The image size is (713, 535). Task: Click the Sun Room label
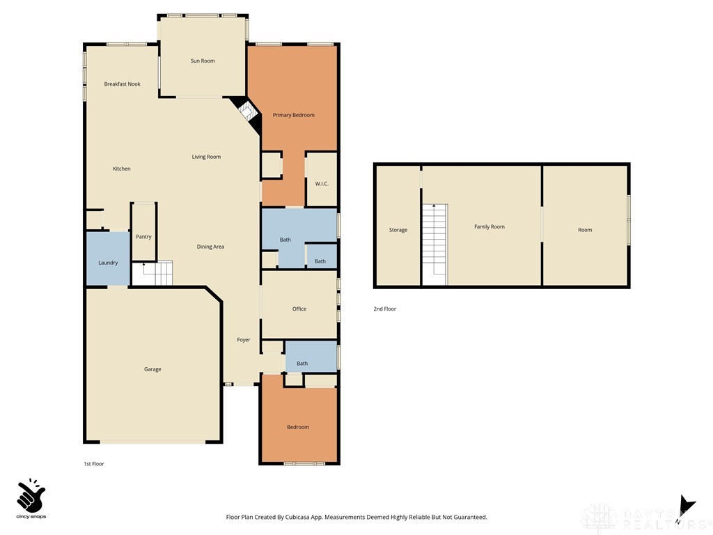point(203,61)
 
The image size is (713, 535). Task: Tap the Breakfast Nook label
point(122,84)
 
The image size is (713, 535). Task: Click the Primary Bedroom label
point(293,115)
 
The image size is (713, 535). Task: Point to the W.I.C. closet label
point(321,184)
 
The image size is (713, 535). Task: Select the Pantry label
point(143,237)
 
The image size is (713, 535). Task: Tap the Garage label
point(152,369)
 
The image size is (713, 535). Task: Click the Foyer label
point(243,340)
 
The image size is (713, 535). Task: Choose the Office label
point(299,309)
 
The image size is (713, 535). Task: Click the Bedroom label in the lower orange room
point(298,427)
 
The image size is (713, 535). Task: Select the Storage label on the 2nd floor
point(398,230)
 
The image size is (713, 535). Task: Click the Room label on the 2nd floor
point(585,230)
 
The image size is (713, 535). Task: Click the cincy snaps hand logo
point(31,496)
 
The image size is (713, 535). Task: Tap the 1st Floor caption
point(93,464)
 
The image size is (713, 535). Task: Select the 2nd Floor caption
point(385,309)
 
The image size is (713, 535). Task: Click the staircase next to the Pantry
point(157,273)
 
